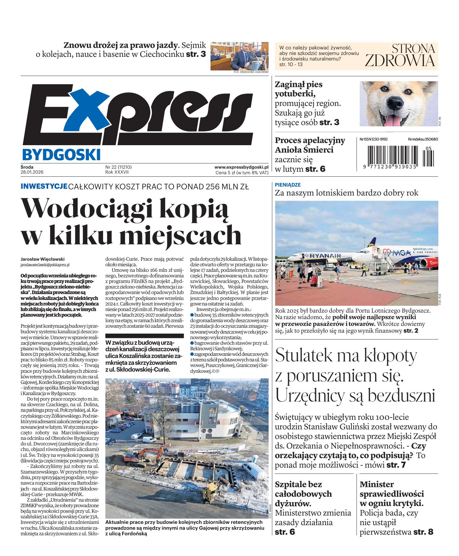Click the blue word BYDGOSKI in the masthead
click(x=61, y=154)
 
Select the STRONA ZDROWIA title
click(x=400, y=56)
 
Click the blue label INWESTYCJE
click(x=44, y=186)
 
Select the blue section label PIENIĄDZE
click(x=288, y=185)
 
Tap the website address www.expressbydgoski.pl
click(x=241, y=167)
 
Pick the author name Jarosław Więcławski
click(x=43, y=259)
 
